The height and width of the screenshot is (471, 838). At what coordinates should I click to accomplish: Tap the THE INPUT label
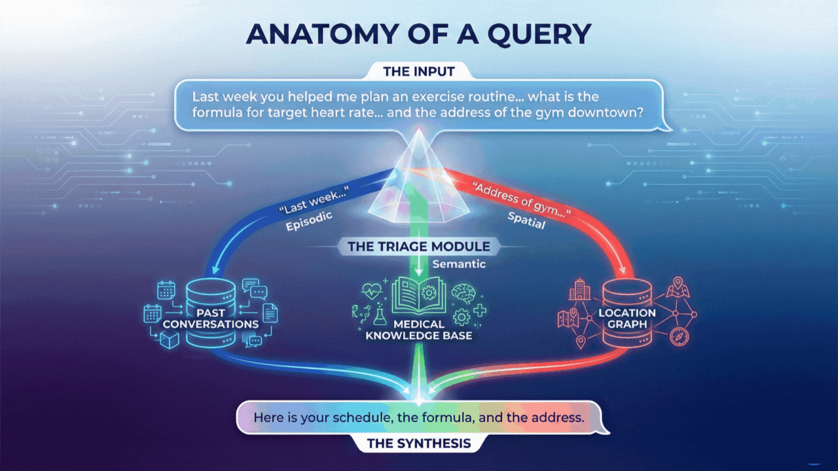(418, 71)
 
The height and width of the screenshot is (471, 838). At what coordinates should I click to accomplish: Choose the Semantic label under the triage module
(458, 264)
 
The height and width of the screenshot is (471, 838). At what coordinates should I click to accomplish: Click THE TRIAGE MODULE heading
(418, 247)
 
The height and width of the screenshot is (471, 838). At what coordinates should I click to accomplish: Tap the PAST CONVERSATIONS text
(211, 319)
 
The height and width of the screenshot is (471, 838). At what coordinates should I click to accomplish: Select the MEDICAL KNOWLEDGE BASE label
(419, 330)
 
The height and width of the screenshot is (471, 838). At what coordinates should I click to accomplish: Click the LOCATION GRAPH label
(627, 318)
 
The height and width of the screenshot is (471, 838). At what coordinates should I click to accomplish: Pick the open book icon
(418, 292)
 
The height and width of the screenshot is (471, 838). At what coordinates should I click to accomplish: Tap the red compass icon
(680, 337)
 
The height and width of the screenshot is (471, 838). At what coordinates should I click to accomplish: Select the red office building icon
(579, 290)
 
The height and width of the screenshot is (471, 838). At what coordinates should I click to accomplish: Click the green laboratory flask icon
(380, 316)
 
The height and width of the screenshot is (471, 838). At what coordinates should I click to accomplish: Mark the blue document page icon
(270, 314)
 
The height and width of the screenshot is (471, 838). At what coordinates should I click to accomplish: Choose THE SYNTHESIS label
(418, 444)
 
